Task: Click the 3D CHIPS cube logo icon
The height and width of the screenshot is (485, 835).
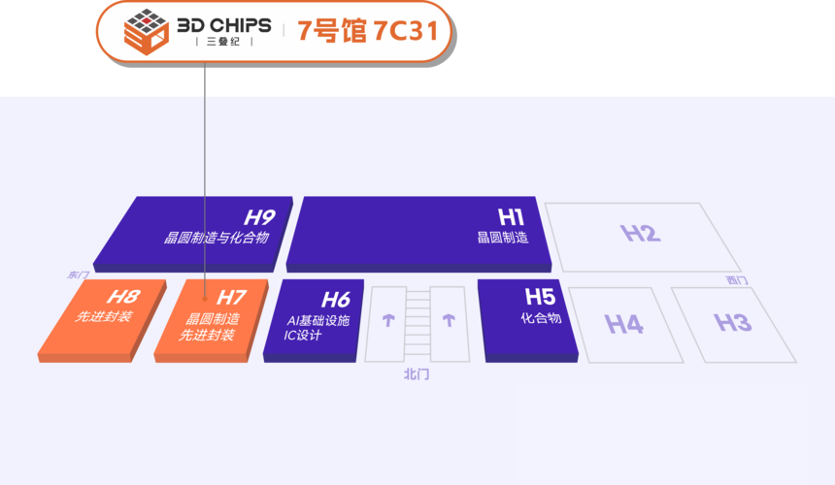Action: click(x=146, y=31)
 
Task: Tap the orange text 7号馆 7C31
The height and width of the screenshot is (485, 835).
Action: click(x=367, y=30)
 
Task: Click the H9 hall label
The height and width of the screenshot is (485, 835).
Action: click(x=259, y=217)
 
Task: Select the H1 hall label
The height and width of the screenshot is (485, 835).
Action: click(x=511, y=217)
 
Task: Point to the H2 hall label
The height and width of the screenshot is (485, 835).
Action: click(x=641, y=233)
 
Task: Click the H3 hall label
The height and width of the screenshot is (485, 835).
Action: click(x=733, y=322)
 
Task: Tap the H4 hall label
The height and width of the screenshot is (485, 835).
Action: click(x=624, y=324)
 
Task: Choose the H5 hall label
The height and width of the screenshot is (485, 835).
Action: click(x=540, y=296)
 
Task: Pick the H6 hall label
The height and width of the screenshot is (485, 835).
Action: click(x=336, y=300)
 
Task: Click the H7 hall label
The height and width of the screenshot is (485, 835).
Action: click(x=231, y=297)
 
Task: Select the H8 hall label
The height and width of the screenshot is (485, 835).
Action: click(x=123, y=296)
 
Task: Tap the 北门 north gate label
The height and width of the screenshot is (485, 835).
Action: click(x=416, y=374)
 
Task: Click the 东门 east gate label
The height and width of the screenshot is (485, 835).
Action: click(x=78, y=275)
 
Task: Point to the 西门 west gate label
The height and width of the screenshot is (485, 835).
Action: click(x=737, y=279)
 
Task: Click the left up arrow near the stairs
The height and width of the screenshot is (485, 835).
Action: click(x=388, y=320)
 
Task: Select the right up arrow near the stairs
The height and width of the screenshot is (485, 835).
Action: click(x=449, y=320)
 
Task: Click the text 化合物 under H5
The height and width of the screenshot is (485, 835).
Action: click(x=541, y=318)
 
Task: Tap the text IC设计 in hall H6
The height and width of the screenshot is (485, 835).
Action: click(x=303, y=335)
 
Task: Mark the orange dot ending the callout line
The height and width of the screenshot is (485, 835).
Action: click(x=205, y=299)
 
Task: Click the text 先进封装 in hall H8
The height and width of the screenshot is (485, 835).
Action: click(x=103, y=316)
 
